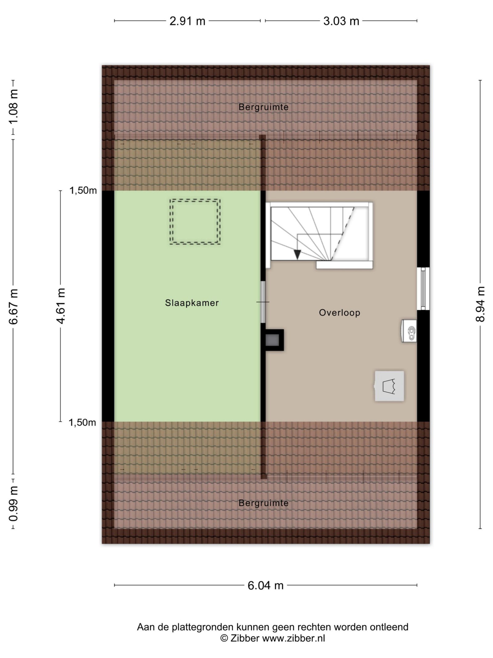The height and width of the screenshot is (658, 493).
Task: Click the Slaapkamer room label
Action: [x=192, y=303]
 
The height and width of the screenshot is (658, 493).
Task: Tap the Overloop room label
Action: [x=339, y=313]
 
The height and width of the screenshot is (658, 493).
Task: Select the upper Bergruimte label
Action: [x=263, y=107]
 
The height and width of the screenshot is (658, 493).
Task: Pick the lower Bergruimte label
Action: [x=263, y=503]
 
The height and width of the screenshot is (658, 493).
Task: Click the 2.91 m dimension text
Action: [x=187, y=21]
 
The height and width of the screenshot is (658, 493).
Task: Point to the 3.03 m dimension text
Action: [x=341, y=21]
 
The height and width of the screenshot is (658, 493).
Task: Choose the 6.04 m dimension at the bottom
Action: [x=265, y=586]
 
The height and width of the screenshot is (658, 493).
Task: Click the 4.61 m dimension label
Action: [x=61, y=306]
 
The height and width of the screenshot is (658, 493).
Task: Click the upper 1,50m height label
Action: [x=83, y=191]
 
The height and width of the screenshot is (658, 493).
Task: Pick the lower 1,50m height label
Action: [x=82, y=423]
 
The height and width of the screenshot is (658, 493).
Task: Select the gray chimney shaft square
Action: [x=272, y=340]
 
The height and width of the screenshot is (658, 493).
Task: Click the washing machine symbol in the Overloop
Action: [x=389, y=386]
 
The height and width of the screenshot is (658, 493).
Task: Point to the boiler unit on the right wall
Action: [x=409, y=331]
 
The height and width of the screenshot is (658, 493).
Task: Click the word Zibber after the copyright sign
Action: [x=245, y=638]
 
